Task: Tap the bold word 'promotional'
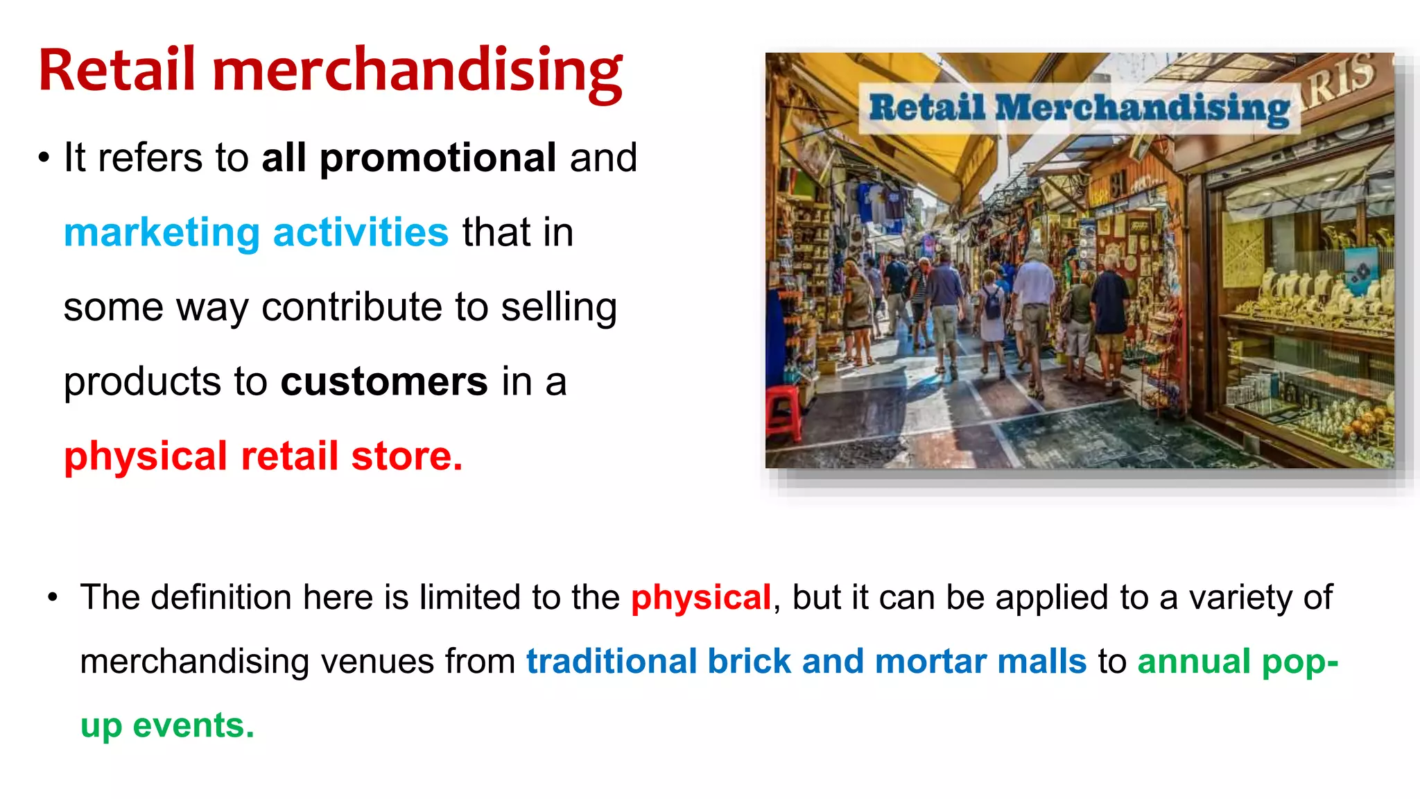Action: [438, 158]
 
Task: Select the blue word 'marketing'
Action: [162, 232]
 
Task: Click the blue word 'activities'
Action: [361, 232]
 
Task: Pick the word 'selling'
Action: [558, 307]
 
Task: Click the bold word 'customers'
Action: [384, 381]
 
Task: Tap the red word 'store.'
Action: [407, 456]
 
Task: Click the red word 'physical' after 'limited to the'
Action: [701, 597]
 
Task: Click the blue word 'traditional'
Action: [611, 661]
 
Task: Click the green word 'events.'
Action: [193, 725]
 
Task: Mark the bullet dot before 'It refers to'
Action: [44, 159]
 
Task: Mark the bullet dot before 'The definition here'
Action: [53, 598]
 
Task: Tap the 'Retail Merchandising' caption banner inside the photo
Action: [1079, 108]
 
